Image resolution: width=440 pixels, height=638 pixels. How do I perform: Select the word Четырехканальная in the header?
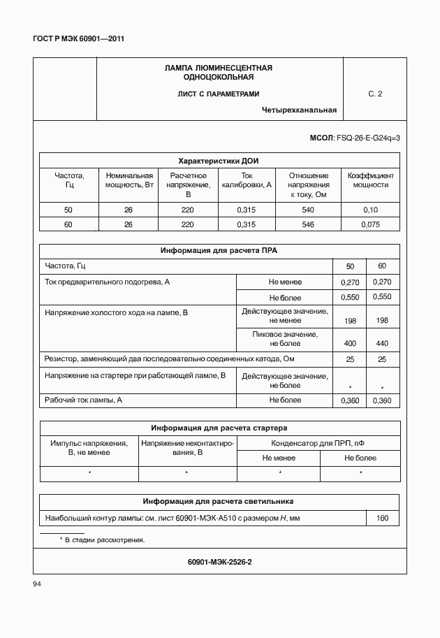coord(299,110)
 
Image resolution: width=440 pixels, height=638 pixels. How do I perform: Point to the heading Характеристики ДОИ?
coord(219,160)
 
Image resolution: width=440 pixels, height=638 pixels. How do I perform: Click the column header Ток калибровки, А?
coord(247,180)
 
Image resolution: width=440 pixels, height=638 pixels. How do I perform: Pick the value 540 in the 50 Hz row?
coord(308,210)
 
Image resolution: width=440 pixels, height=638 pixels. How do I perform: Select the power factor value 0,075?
coord(370,225)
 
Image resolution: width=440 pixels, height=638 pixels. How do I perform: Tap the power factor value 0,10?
coord(370,210)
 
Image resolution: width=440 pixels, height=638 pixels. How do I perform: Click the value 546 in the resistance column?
coord(308,225)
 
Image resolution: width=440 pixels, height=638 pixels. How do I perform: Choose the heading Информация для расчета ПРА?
coord(219,250)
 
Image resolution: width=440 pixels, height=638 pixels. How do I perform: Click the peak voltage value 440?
coord(381,344)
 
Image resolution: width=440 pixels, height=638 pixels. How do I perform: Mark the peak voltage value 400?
coord(350,344)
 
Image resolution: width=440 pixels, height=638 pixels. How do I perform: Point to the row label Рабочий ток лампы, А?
coord(84,400)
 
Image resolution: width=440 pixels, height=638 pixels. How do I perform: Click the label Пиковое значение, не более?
coord(284,339)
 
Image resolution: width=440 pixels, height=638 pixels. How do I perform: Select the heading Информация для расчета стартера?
coord(219,428)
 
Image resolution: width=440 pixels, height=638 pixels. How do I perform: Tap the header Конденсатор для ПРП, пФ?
coord(318,443)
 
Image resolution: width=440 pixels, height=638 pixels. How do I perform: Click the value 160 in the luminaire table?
coord(382,519)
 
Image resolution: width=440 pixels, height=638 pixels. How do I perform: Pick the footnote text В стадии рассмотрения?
coord(105,540)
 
